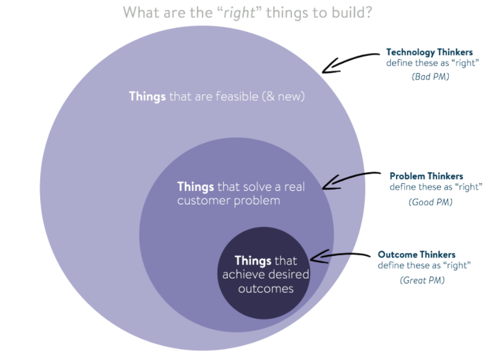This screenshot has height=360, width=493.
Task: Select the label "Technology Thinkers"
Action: click(x=429, y=53)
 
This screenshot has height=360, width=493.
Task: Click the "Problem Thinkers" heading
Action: click(x=426, y=176)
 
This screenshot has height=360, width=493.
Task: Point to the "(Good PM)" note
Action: click(x=430, y=202)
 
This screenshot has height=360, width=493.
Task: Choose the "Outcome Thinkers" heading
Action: click(x=417, y=254)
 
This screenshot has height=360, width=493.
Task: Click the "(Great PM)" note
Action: click(x=422, y=280)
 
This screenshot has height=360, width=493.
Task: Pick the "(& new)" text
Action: click(x=282, y=97)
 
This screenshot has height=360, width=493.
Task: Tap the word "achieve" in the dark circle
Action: click(x=241, y=274)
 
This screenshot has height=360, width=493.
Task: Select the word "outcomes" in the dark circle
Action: click(x=265, y=288)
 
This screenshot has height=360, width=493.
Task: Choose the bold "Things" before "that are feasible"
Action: click(x=147, y=97)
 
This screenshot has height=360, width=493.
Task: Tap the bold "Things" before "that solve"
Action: click(x=196, y=187)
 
